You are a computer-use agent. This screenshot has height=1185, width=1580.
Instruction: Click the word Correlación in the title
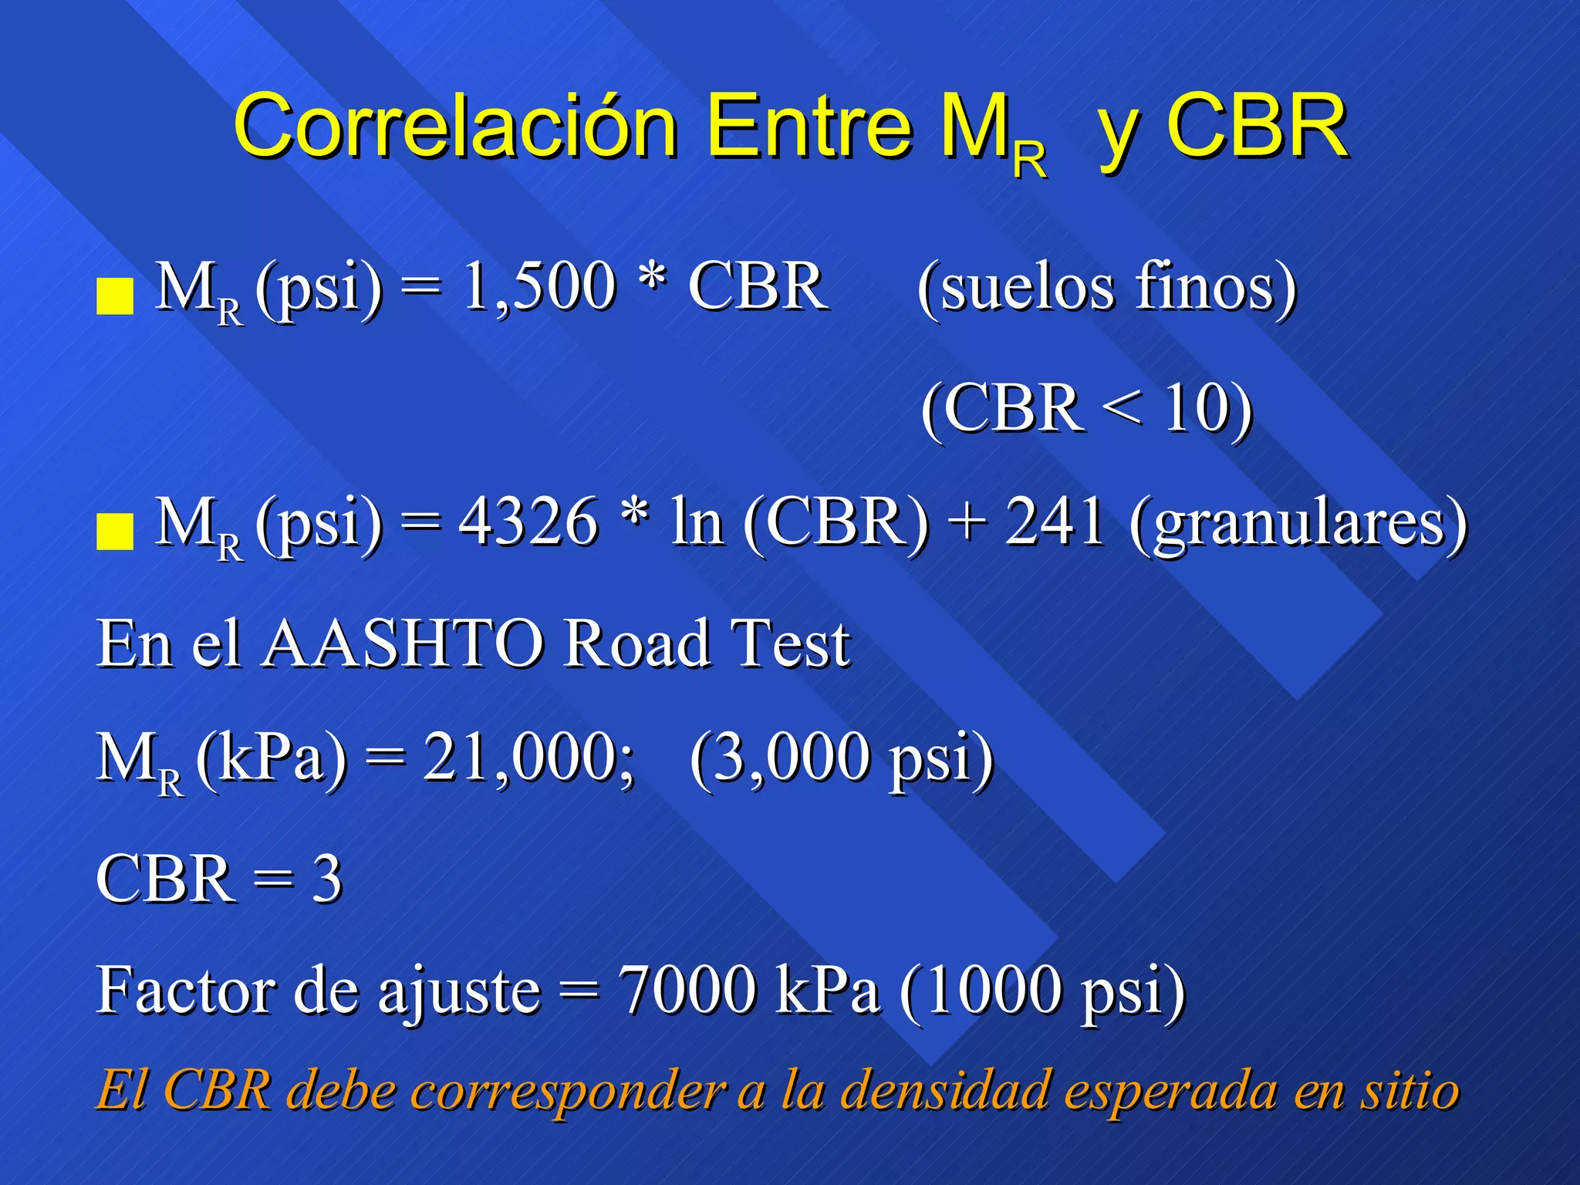click(455, 126)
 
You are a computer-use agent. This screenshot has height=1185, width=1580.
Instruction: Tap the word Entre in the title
click(809, 126)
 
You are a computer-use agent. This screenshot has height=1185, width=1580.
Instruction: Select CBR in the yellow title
click(1257, 126)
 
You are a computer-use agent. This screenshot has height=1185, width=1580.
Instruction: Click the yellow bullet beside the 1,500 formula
click(115, 297)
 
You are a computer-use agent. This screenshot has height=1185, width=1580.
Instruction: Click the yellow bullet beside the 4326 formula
click(115, 532)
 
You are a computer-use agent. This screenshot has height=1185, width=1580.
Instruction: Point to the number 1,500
click(539, 287)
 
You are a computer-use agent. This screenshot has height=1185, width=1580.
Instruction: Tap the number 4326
click(528, 522)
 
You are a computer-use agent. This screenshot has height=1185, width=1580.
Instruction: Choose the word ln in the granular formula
click(697, 522)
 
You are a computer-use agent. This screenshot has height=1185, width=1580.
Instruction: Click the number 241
click(1055, 522)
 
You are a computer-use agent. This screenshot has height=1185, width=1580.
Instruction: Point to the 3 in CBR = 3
click(327, 879)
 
